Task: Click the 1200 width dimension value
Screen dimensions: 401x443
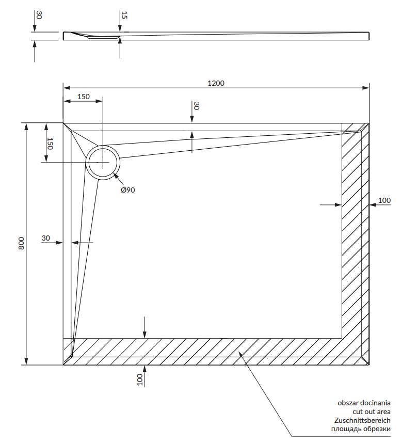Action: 216,83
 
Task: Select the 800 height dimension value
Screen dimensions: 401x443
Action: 21,243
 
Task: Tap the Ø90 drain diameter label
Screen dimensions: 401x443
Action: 128,190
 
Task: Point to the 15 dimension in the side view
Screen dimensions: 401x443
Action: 124,14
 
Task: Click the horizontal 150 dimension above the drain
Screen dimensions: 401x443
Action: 84,97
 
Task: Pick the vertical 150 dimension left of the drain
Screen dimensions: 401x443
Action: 50,144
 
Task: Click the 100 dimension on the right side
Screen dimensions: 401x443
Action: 384,201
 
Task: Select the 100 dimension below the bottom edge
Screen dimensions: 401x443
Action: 140,379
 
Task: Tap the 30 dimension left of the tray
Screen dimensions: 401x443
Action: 46,238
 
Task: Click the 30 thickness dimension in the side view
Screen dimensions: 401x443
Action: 39,15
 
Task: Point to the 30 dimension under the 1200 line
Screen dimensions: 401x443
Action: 196,106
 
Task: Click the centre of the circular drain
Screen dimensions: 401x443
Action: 103,163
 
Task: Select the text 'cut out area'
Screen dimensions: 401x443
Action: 372,412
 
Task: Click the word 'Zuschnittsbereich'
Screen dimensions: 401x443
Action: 362,420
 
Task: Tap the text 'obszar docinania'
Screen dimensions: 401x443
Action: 364,403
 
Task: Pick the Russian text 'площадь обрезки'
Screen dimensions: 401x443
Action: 361,429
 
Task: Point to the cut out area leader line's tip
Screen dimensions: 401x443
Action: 239,352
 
